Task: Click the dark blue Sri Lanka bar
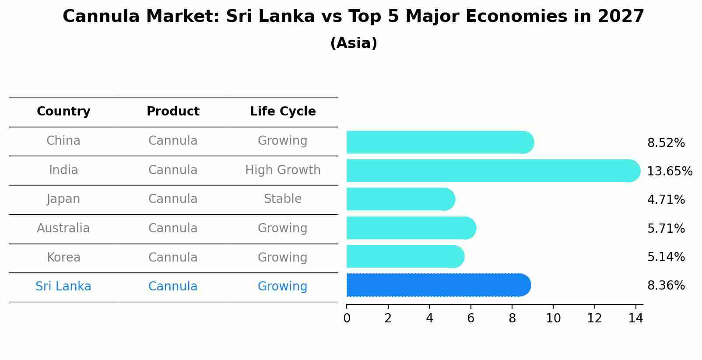(438, 285)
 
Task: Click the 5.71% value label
(666, 228)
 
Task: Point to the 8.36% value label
(666, 286)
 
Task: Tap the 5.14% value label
(666, 257)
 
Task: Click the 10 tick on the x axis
(553, 318)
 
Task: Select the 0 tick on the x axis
(347, 318)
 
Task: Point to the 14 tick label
(635, 318)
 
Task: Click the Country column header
(63, 112)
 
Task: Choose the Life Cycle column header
(283, 112)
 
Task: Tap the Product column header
(173, 112)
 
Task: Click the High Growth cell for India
(283, 170)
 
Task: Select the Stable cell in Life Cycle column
(283, 199)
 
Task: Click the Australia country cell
(63, 228)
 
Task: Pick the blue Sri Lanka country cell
(63, 287)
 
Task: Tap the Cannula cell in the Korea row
(173, 257)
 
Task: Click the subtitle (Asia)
(354, 43)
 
